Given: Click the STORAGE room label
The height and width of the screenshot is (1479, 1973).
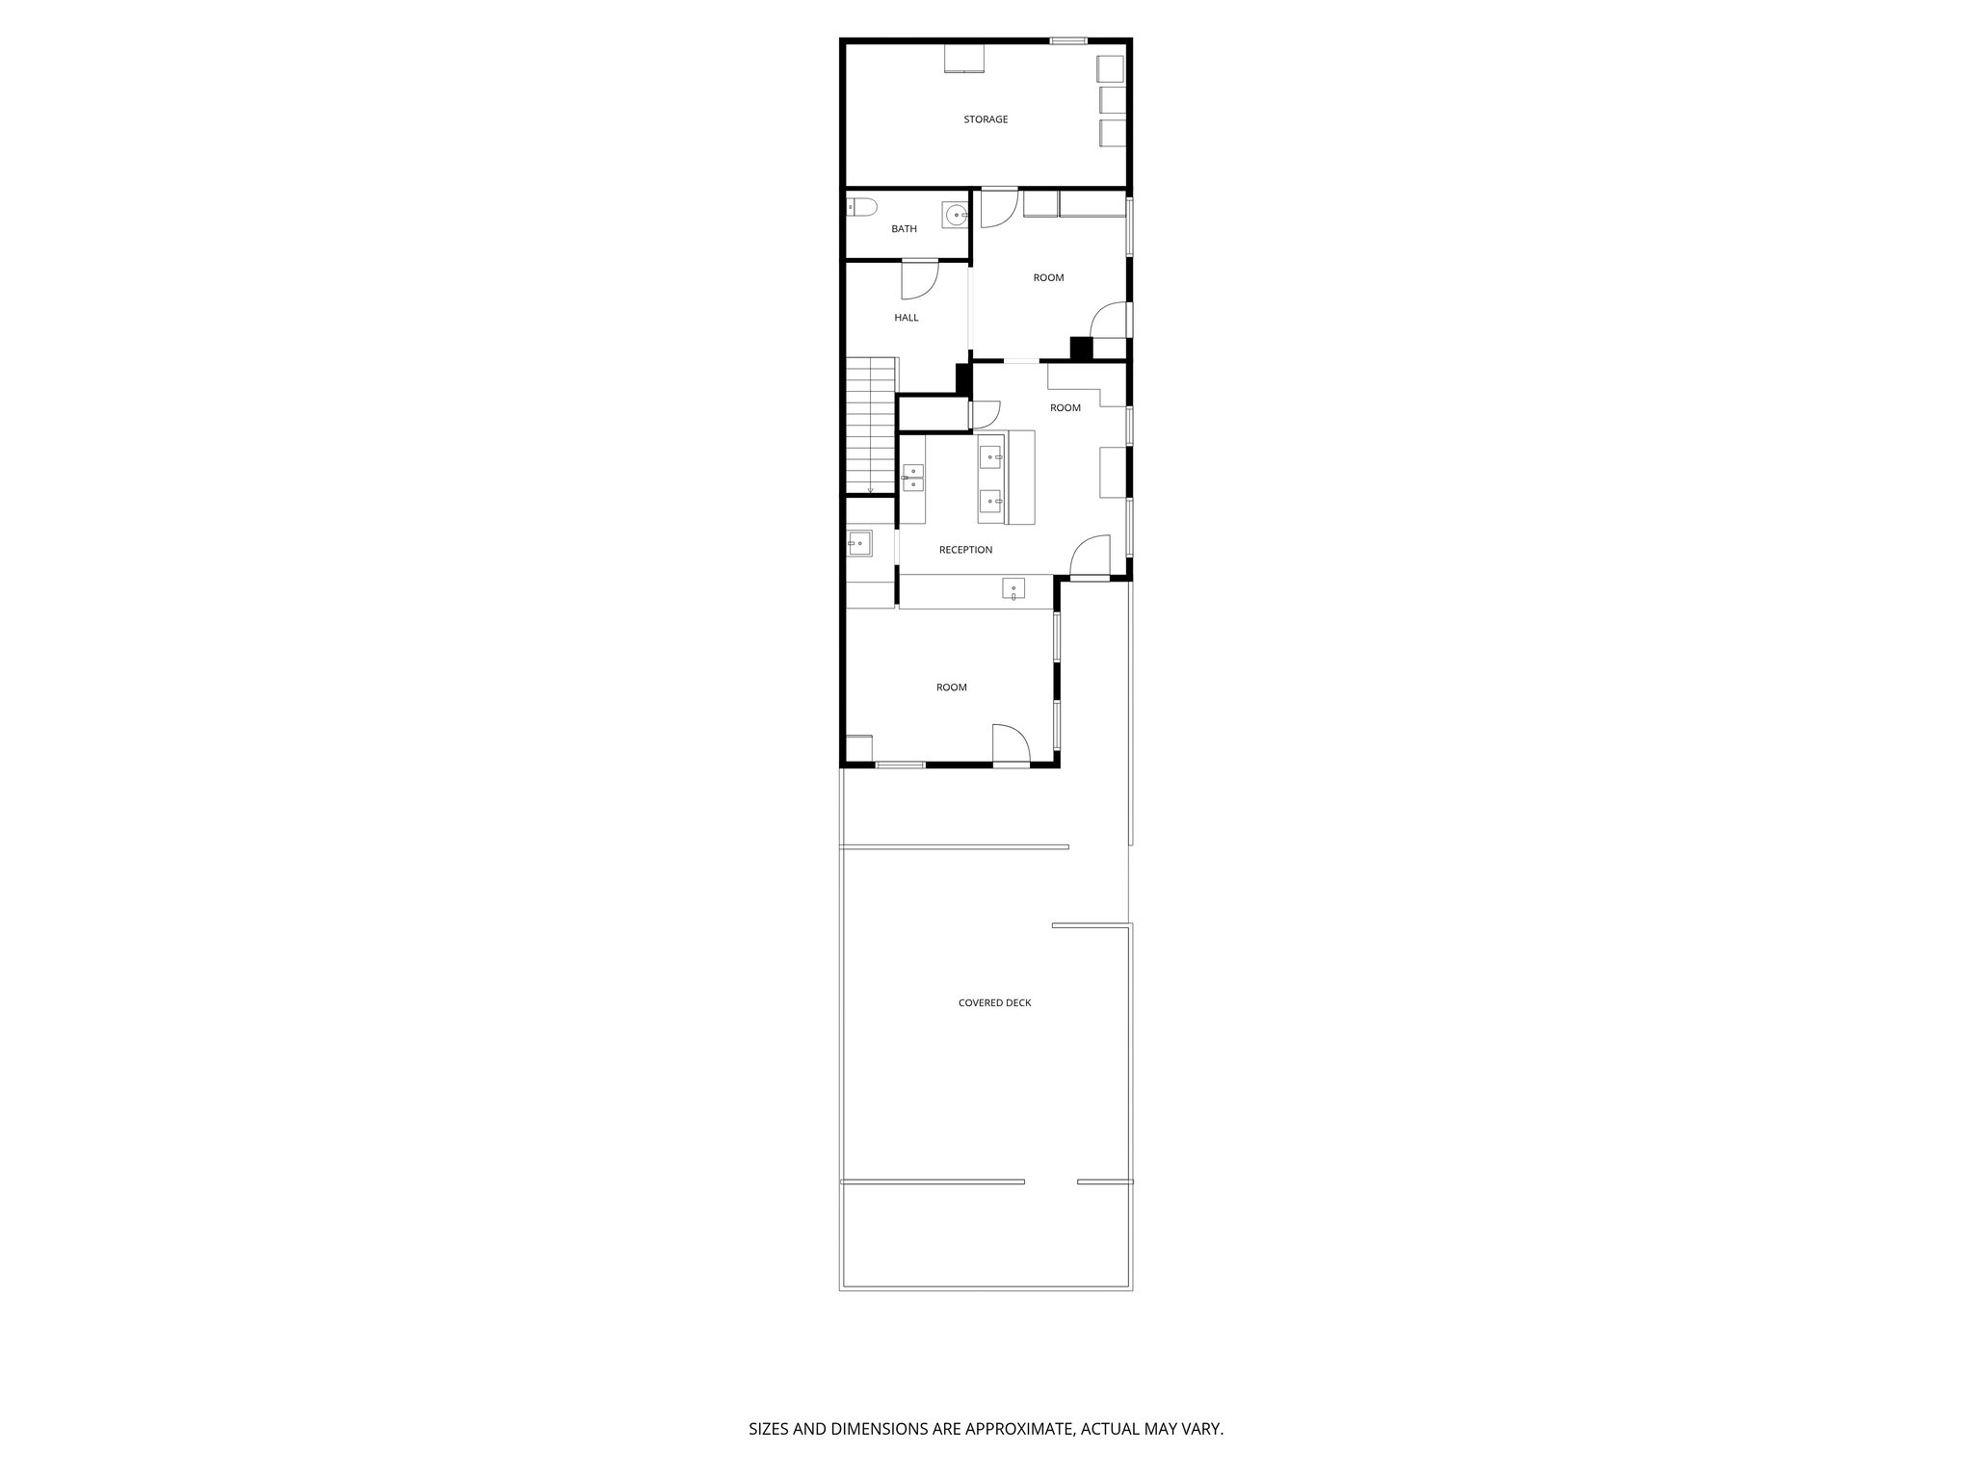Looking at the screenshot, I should point(986,119).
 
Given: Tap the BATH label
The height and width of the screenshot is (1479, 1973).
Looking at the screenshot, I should point(904,229).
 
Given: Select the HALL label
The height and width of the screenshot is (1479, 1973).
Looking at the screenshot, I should point(906,318).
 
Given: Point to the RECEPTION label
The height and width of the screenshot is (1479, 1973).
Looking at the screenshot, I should point(965,550).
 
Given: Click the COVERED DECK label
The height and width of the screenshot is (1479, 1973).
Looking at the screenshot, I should point(994,1002).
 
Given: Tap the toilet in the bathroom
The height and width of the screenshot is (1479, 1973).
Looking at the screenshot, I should point(859,206).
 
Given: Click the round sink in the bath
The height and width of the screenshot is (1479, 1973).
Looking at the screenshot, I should point(955,216).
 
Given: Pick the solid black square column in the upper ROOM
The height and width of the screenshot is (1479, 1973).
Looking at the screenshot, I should point(1081,349).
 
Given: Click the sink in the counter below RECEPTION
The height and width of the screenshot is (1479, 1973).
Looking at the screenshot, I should point(1013,588).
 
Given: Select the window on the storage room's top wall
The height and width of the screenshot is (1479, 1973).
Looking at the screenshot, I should point(1067,40).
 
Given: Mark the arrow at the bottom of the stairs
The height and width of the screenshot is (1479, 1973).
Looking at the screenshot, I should point(870,489).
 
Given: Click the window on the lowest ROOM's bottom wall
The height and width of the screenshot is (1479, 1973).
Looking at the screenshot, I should point(900,765).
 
